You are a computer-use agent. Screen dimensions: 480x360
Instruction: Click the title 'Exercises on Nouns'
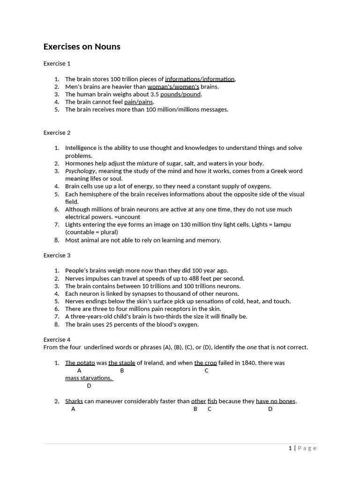[82, 46]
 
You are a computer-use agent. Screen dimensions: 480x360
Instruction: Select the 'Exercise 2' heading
[57, 133]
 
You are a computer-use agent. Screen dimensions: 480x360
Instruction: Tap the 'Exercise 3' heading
[57, 255]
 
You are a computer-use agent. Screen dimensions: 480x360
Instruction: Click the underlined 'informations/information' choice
[200, 79]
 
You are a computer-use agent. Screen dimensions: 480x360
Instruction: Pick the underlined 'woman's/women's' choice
[173, 87]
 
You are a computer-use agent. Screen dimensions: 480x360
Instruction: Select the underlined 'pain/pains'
[139, 102]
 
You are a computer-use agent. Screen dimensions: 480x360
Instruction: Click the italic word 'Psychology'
[80, 171]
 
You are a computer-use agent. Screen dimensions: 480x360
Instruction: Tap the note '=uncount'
[127, 217]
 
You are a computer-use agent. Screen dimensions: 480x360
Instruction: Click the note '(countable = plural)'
[91, 232]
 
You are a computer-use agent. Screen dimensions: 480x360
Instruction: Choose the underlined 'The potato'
[80, 363]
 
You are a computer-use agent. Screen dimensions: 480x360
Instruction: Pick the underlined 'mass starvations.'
[89, 378]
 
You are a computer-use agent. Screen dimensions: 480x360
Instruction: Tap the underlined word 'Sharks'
[74, 401]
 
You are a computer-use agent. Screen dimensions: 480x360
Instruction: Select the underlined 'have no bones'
[276, 401]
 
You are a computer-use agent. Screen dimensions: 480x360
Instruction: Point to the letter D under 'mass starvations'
[89, 386]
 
